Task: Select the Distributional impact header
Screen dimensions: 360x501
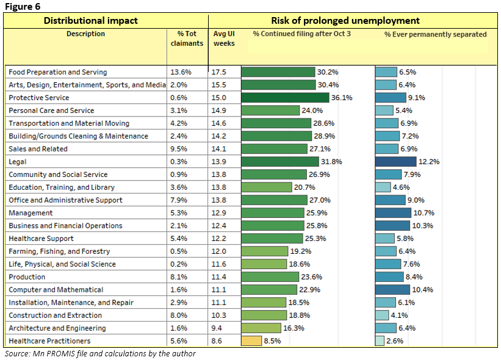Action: pos(90,21)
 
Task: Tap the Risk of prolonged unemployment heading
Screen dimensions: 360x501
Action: pos(353,21)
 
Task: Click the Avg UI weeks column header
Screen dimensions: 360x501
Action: pos(224,38)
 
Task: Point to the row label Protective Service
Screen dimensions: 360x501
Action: pos(39,98)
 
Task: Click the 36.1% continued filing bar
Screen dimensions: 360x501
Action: pos(286,98)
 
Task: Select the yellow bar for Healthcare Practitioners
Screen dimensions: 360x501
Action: pos(251,341)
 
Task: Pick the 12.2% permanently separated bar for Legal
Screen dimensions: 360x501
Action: pos(395,162)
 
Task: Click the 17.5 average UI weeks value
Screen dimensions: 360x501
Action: pos(219,72)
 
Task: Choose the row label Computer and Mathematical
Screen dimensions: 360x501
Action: pos(56,290)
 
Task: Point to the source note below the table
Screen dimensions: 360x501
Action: pos(100,353)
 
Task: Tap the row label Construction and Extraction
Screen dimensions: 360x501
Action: pos(56,315)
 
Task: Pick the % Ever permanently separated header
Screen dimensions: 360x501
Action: pos(435,34)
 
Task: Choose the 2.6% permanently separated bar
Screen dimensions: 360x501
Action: pos(380,341)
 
